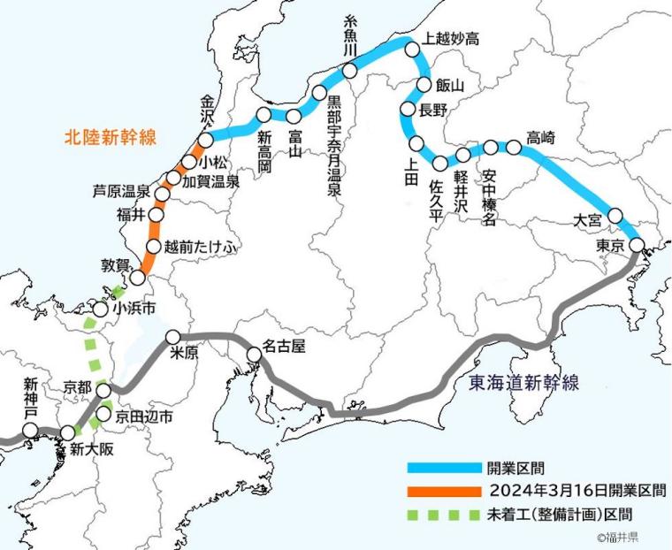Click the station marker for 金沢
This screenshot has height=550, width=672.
click(205, 141)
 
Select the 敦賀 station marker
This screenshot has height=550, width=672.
click(137, 278)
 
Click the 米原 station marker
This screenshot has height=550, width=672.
click(173, 337)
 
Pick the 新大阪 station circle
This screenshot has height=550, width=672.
click(67, 432)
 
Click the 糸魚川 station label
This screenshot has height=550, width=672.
click(348, 41)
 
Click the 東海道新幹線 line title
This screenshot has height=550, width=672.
click(523, 382)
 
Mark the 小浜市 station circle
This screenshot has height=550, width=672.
click(102, 309)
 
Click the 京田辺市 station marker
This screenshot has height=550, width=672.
click(102, 413)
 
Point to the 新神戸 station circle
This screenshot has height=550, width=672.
click(31, 431)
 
